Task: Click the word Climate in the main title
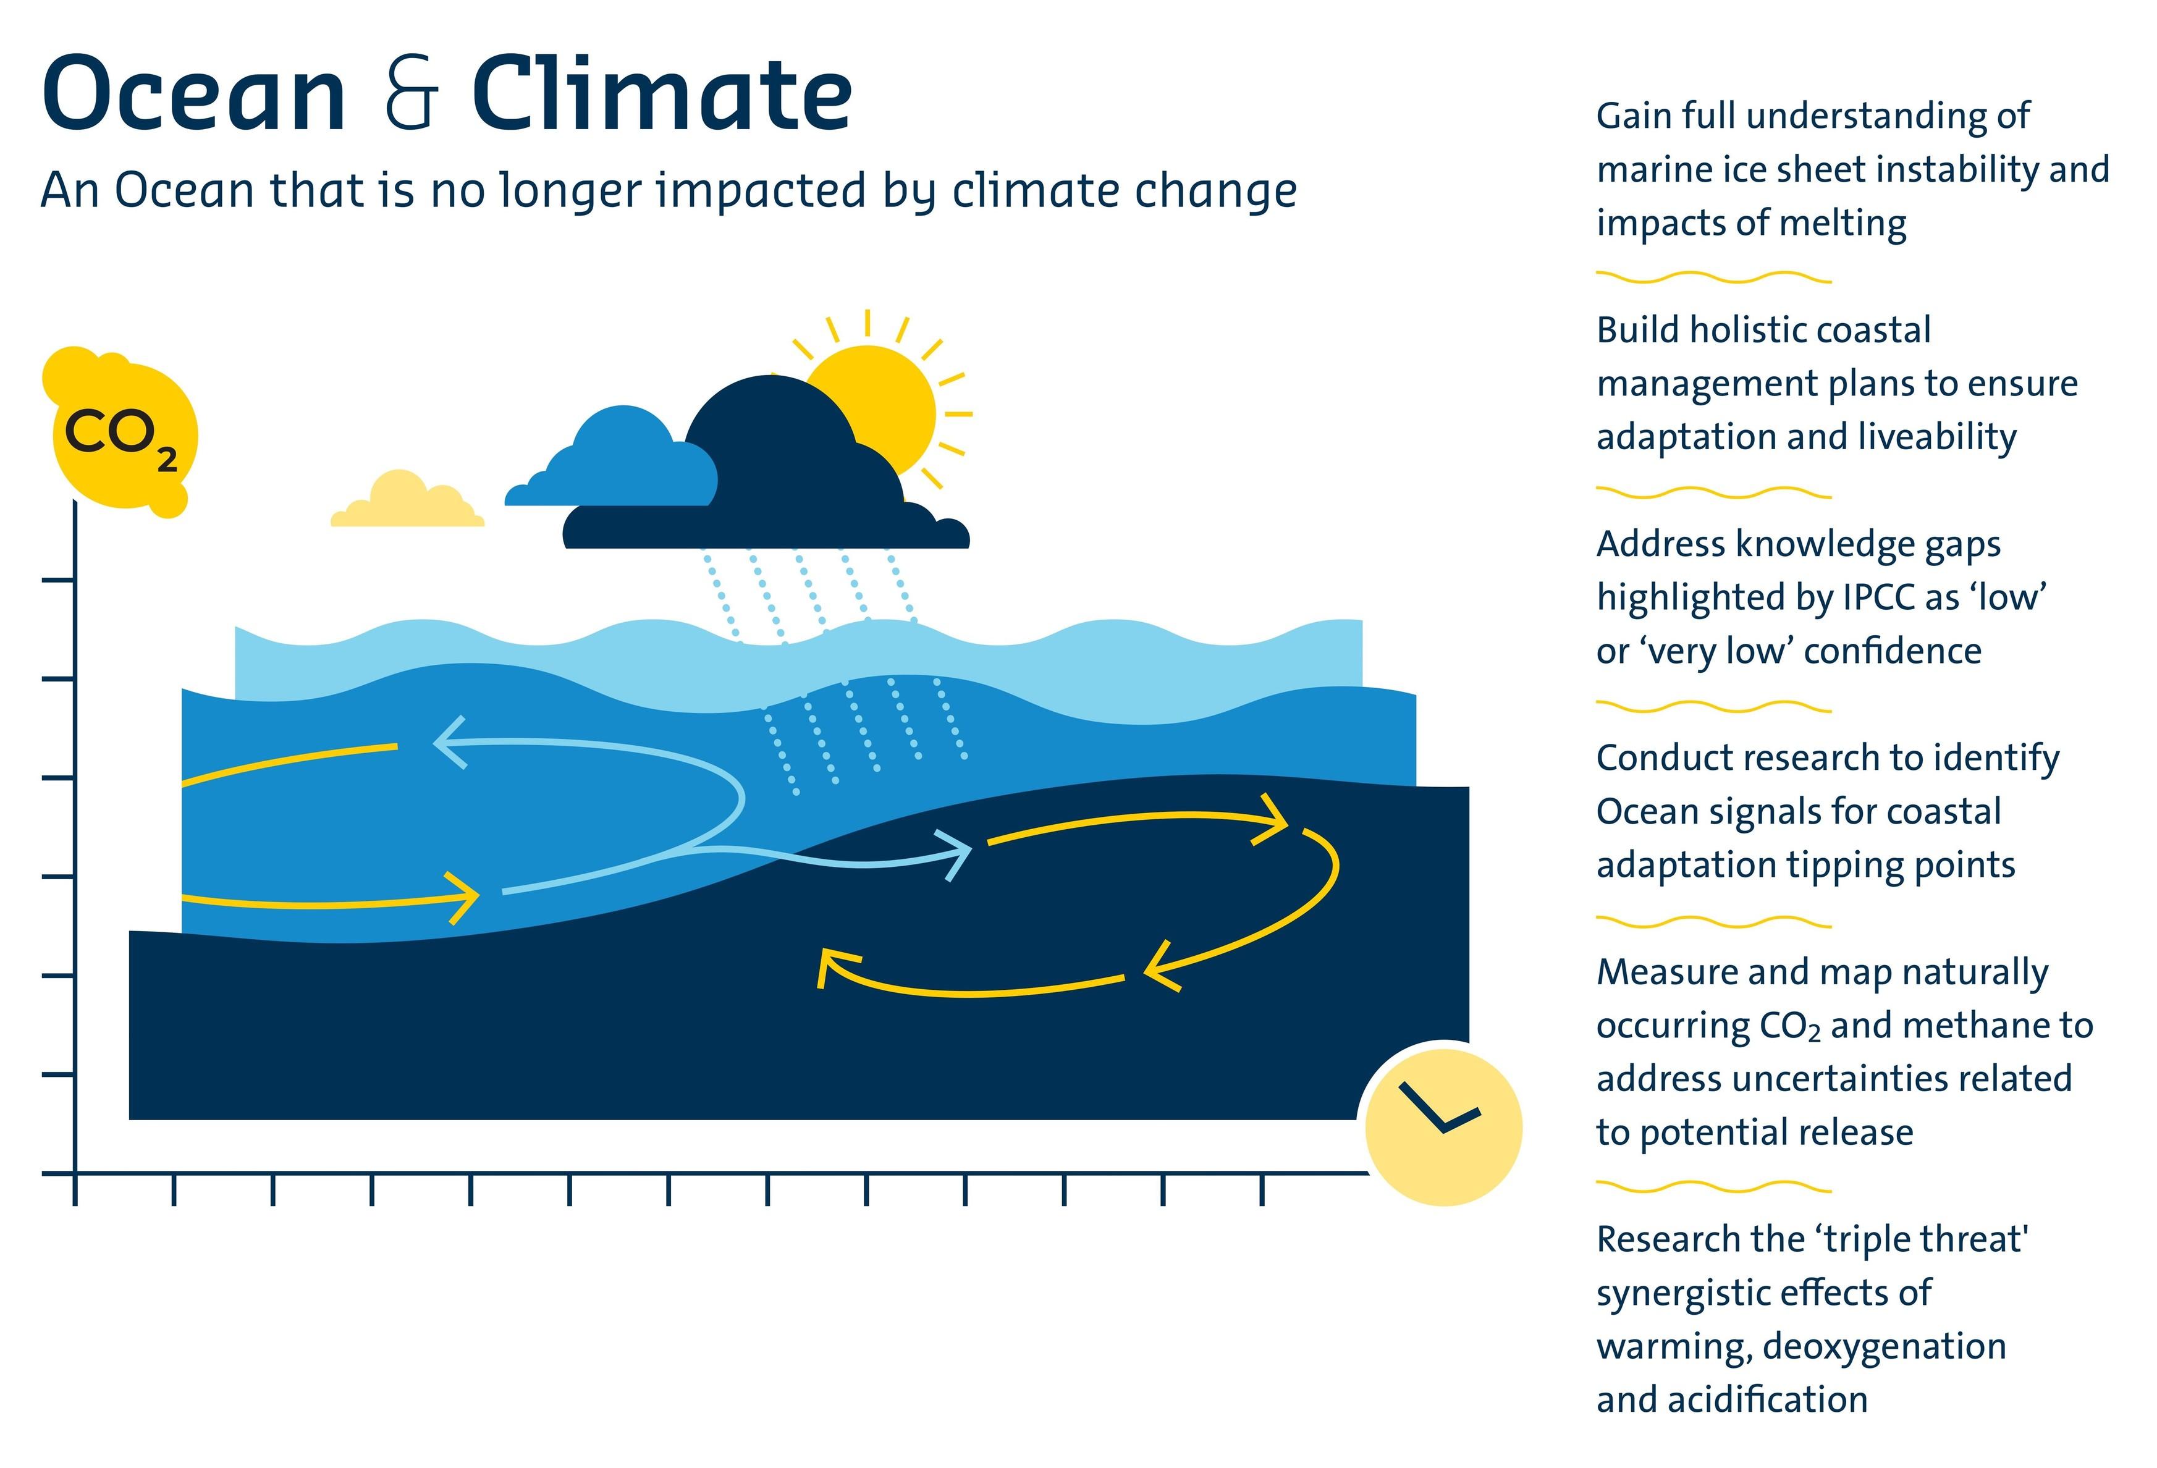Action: coord(662,92)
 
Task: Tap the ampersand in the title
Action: coord(411,93)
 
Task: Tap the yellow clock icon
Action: coord(1443,1126)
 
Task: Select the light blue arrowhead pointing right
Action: coord(956,854)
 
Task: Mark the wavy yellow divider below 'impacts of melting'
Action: coord(1713,277)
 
